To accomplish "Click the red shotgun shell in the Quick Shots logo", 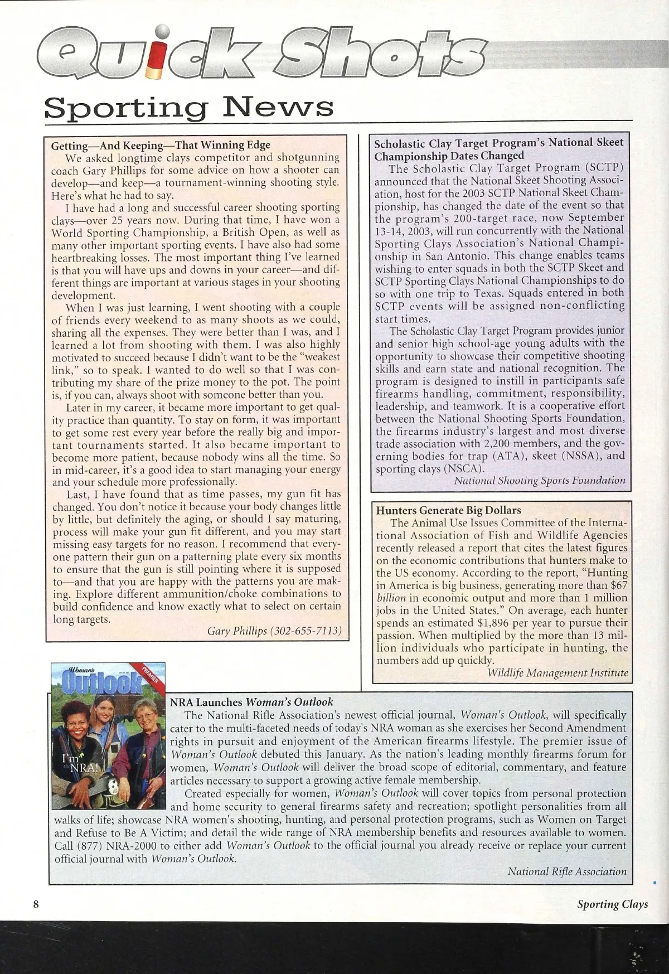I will coord(162,56).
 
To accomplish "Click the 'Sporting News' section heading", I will coord(189,106).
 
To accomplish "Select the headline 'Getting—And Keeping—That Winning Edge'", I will coord(161,145).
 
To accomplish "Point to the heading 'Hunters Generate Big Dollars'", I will coord(448,510).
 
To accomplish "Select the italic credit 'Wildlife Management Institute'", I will coord(557,673).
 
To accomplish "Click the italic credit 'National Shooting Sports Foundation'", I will coord(539,480).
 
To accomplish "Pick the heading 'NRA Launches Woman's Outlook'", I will coord(251,702).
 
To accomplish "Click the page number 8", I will coord(35,904).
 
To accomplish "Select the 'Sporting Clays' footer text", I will coord(612,904).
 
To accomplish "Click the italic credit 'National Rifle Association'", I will coord(566,871).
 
